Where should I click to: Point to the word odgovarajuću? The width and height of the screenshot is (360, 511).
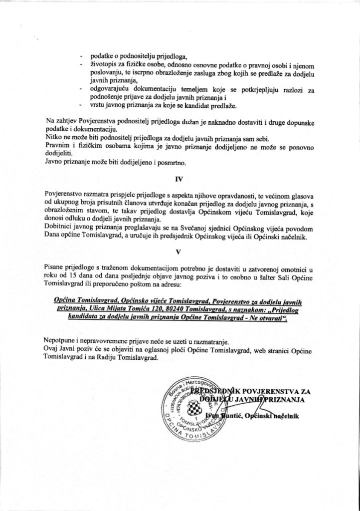106,89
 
